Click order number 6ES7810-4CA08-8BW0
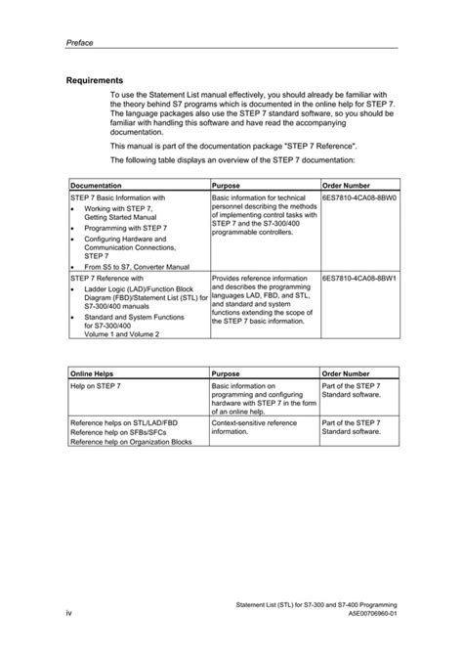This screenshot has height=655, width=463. click(360, 196)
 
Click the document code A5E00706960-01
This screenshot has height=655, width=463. click(367, 613)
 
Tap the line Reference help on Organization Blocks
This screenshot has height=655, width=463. click(131, 442)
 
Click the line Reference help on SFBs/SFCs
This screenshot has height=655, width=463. click(119, 432)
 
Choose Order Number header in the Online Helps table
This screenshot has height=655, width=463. click(346, 373)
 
